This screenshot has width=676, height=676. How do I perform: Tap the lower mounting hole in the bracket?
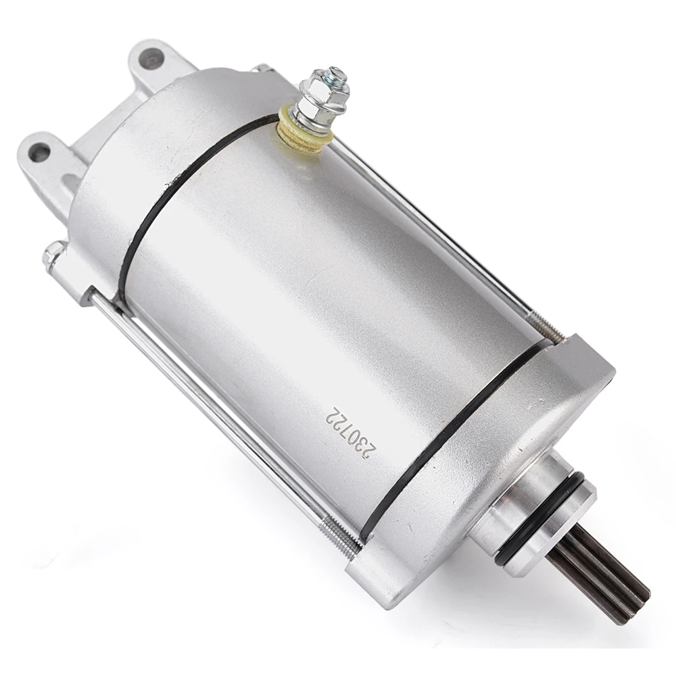point(40,152)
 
